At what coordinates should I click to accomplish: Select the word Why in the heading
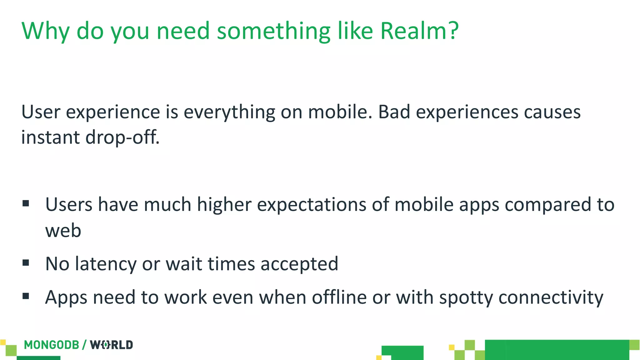45,31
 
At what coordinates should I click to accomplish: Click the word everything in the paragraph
229,112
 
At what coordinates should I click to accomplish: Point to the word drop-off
122,137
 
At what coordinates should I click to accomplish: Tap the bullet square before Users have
26,204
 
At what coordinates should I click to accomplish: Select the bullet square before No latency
26,263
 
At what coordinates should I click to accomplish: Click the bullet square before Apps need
26,296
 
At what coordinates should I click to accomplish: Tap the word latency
106,264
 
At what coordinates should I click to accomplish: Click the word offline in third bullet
339,297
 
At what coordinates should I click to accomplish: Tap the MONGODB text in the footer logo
52,345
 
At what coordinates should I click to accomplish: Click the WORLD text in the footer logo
111,345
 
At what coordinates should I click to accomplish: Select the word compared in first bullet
548,205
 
